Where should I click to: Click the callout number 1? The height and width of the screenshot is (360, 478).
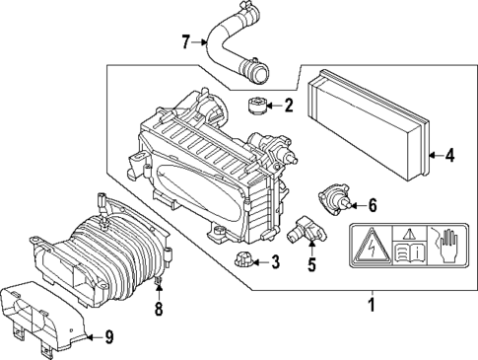pos(372,305)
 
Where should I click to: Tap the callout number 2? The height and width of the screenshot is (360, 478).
pos(289,106)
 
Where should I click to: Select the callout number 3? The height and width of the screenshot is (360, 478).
pos(275,262)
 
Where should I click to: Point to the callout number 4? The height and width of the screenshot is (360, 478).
pos(448,154)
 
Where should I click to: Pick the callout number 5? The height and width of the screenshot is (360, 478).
pos(310,263)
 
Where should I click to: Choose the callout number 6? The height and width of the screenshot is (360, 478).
pos(373,206)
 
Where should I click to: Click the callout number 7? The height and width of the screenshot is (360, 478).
pos(185,41)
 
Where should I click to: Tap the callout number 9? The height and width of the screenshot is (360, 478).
pos(108,338)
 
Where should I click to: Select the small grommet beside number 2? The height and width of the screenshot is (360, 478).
pos(256,106)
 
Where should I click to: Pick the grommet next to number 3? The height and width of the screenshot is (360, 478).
pos(243,261)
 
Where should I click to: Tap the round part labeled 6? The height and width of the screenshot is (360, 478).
pos(336,200)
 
